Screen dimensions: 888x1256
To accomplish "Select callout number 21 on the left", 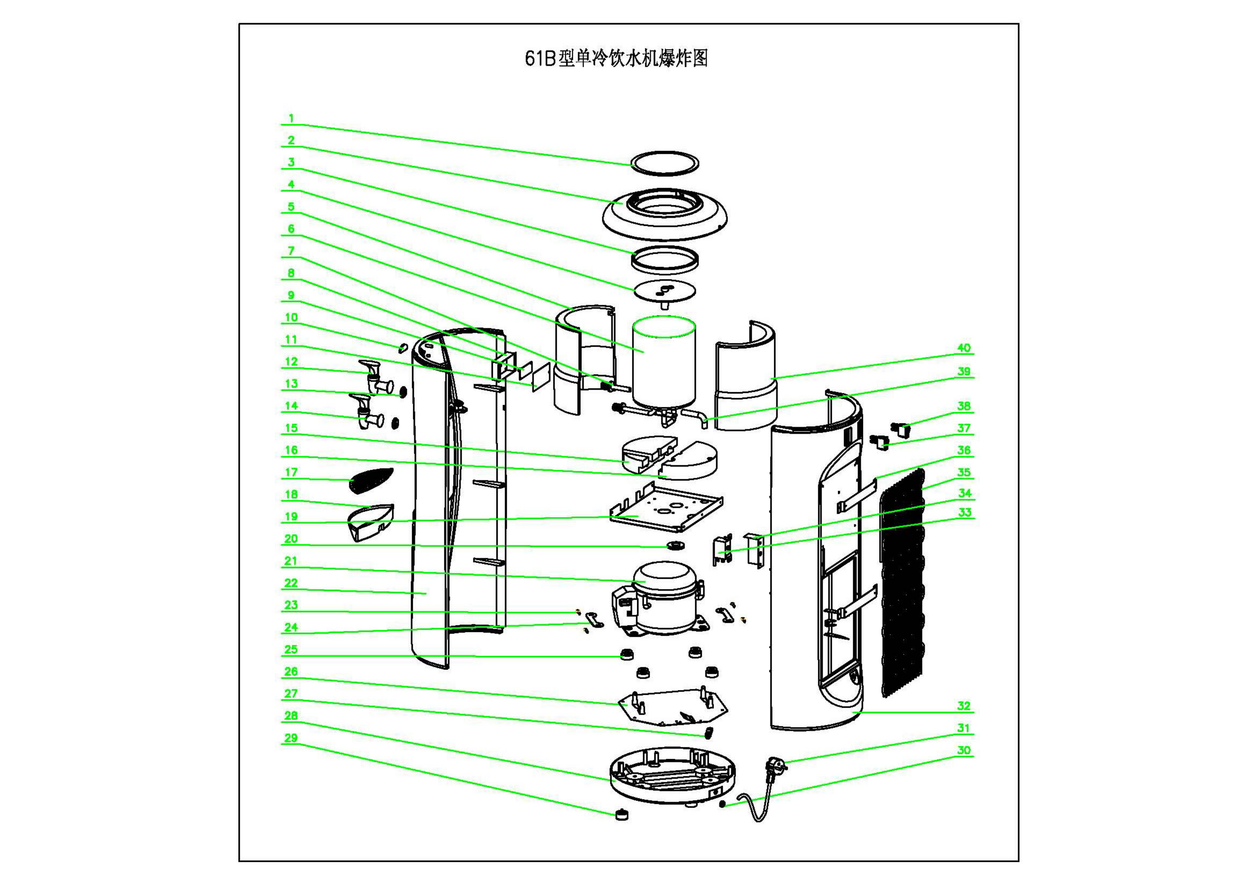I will [x=291, y=561].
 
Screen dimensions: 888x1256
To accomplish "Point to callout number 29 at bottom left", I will [x=291, y=738].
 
